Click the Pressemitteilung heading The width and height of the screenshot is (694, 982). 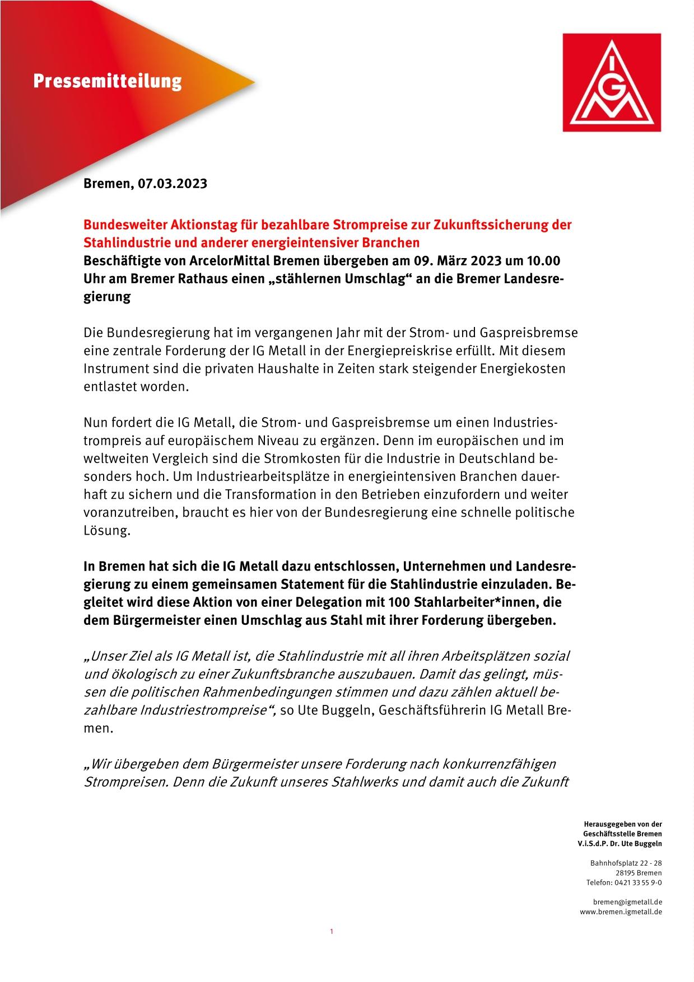pos(107,82)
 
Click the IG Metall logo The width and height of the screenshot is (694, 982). pos(612,82)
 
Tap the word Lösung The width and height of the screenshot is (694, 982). pos(106,531)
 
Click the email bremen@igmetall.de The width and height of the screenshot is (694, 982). pos(627,902)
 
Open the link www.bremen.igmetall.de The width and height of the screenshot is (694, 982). pos(621,912)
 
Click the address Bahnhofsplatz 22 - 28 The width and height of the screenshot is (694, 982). pos(626,863)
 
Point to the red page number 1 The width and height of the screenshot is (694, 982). pos(332,932)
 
